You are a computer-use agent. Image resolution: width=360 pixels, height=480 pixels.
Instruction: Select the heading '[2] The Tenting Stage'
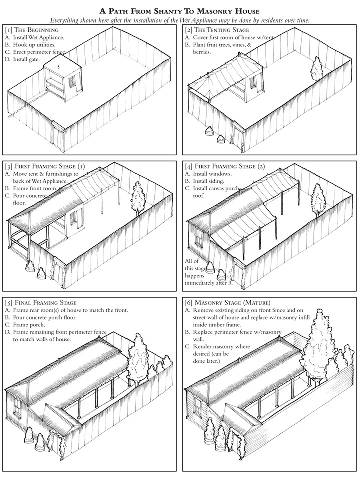[x=220, y=29]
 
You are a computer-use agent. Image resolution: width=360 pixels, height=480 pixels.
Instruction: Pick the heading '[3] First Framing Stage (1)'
[x=45, y=165]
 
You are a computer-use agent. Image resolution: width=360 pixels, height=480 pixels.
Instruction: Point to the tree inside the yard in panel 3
[x=138, y=197]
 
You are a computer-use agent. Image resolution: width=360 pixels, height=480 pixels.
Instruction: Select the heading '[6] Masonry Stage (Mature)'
[x=228, y=303]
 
